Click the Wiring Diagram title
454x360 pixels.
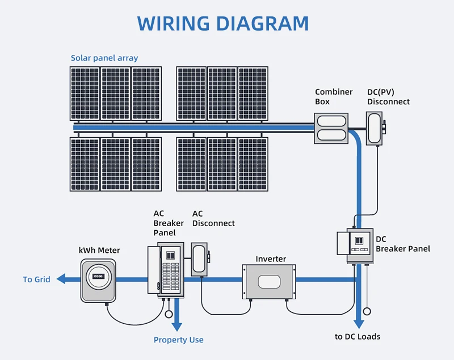coord(223,24)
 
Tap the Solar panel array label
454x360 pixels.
coord(104,58)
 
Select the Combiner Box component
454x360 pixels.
coord(331,128)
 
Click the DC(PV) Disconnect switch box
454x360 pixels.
coord(375,128)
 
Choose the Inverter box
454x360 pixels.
coord(270,282)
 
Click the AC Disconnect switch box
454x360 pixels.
coord(199,259)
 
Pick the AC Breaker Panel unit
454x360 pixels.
coord(167,270)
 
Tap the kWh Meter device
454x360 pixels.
coord(98,280)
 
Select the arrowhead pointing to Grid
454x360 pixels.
coord(61,279)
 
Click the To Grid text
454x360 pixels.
coord(36,279)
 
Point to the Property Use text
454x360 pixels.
coord(178,340)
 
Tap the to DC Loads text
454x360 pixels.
coord(358,337)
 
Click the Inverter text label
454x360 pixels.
coord(271,259)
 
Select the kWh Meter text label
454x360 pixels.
coord(99,250)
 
